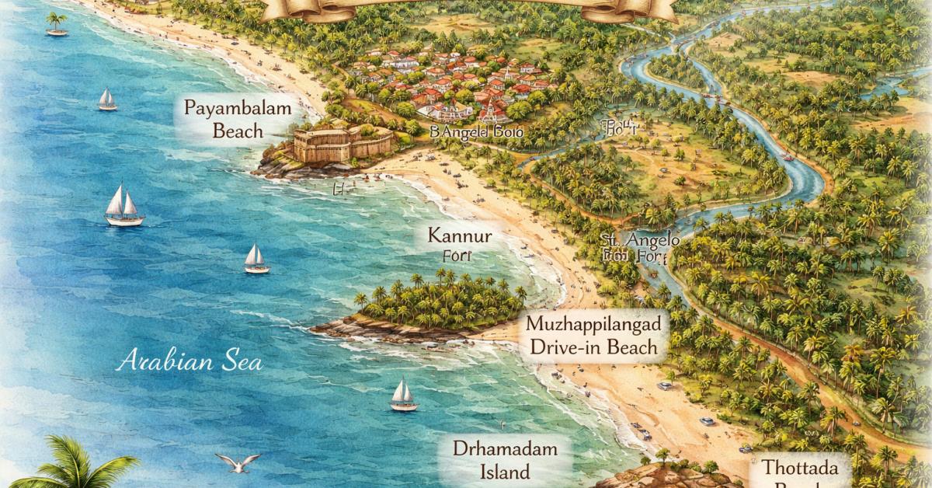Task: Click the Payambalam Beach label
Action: point(222,118)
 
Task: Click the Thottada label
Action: point(800,469)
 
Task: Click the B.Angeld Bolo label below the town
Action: point(482,132)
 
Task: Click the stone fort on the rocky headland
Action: point(342,145)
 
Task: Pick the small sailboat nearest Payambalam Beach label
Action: point(107,99)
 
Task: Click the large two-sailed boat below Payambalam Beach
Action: point(123,206)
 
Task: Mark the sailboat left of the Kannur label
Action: point(256,258)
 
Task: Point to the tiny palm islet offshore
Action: point(56,23)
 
